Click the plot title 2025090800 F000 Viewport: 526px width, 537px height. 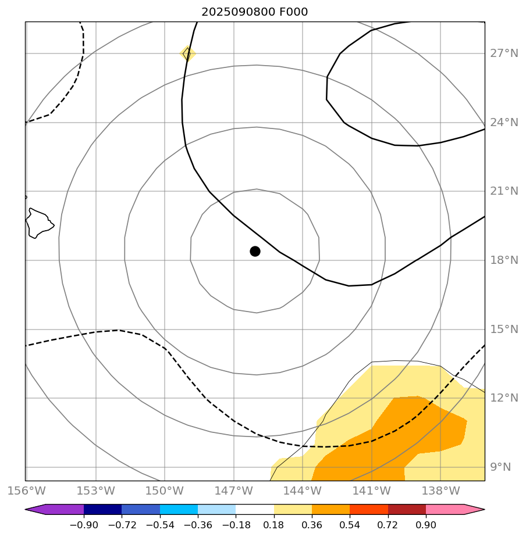tap(254, 12)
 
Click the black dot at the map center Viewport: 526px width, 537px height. tap(255, 251)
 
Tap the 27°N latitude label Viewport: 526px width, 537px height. tap(504, 53)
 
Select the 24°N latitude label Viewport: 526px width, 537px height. tap(504, 123)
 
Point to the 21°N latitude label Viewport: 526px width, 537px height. tap(504, 191)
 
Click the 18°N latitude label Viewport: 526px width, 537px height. tap(504, 260)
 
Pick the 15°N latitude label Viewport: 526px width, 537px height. tap(504, 330)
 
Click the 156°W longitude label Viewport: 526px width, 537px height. tap(26, 490)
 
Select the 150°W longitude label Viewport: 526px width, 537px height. tap(165, 490)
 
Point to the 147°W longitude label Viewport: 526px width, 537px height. tap(234, 490)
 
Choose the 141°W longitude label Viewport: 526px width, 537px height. tap(372, 490)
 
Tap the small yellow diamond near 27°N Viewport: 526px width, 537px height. tap(187, 54)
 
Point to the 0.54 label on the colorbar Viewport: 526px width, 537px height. tap(350, 525)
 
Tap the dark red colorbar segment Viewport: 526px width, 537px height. tap(407, 510)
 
